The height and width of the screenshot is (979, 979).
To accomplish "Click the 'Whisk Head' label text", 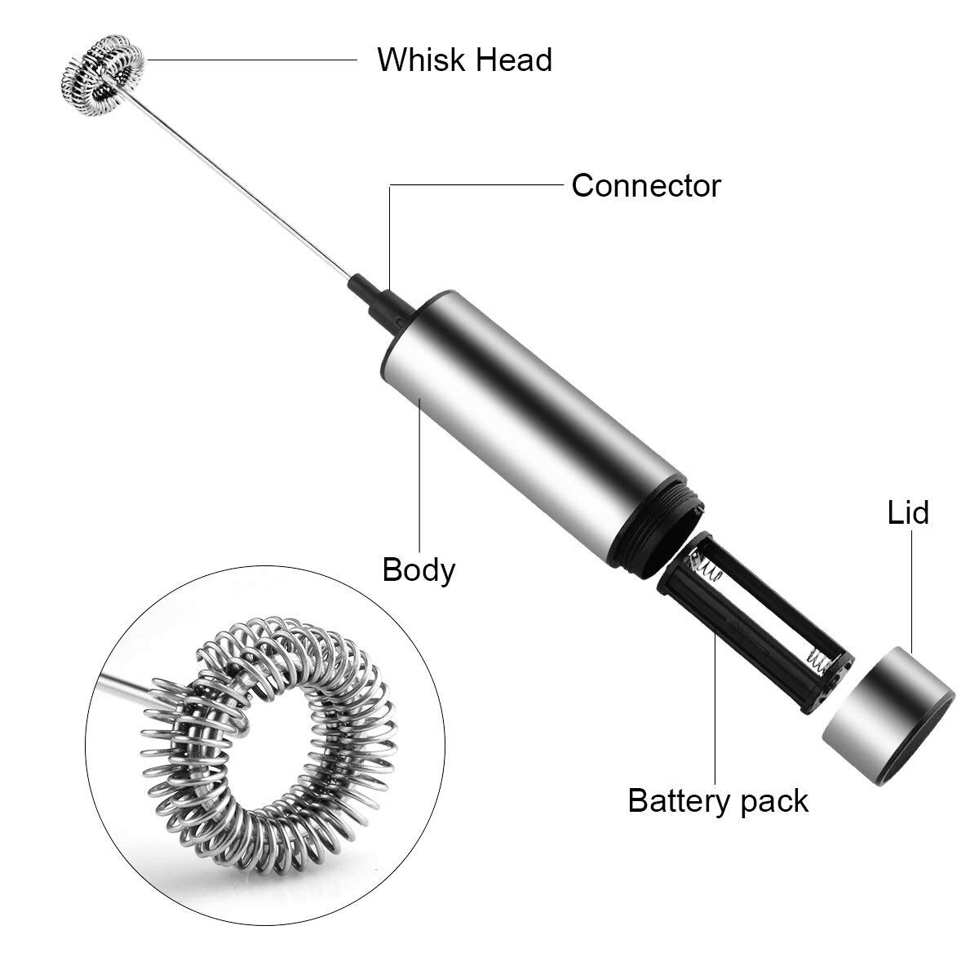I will coord(464,60).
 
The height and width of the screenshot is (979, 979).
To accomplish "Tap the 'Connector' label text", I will coord(645,185).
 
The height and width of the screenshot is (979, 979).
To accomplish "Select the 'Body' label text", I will coord(419,569).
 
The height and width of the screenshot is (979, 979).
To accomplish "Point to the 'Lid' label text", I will coord(908,512).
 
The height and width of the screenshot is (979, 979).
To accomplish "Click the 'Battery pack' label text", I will coord(718,800).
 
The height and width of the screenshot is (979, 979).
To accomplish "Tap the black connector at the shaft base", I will coord(374,298).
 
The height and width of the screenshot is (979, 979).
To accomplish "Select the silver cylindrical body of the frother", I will coord(530,408).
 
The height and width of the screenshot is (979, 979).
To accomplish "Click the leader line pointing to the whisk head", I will coord(253,59).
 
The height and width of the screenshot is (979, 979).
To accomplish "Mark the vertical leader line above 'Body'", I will coord(419,473).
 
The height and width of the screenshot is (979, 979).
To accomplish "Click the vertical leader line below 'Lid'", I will coord(908,587).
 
